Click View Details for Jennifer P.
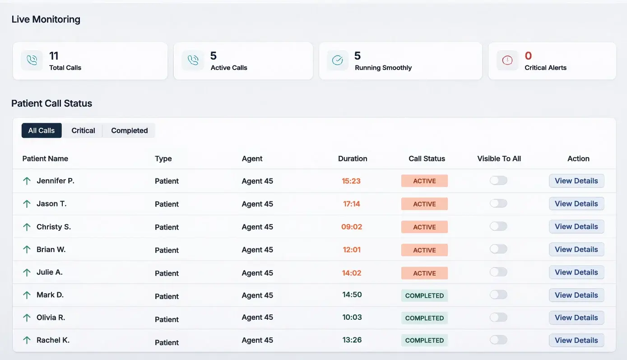tap(576, 181)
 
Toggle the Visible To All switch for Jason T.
tap(498, 203)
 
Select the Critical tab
tap(83, 131)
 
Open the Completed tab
tap(129, 131)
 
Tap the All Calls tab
tap(42, 131)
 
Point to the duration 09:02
tap(352, 227)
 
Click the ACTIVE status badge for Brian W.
tap(424, 250)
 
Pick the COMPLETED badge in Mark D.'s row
tap(424, 295)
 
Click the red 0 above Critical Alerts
tap(528, 56)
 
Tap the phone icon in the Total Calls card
tap(32, 61)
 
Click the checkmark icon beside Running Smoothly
tap(337, 61)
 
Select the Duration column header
tap(353, 159)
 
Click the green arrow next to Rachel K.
tap(27, 340)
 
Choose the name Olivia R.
tap(51, 318)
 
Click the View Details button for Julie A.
tap(576, 272)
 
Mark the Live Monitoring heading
tap(46, 19)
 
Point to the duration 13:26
tap(352, 340)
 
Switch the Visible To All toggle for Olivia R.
tap(498, 318)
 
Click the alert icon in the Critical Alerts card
tap(507, 61)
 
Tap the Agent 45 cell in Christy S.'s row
tap(257, 227)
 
